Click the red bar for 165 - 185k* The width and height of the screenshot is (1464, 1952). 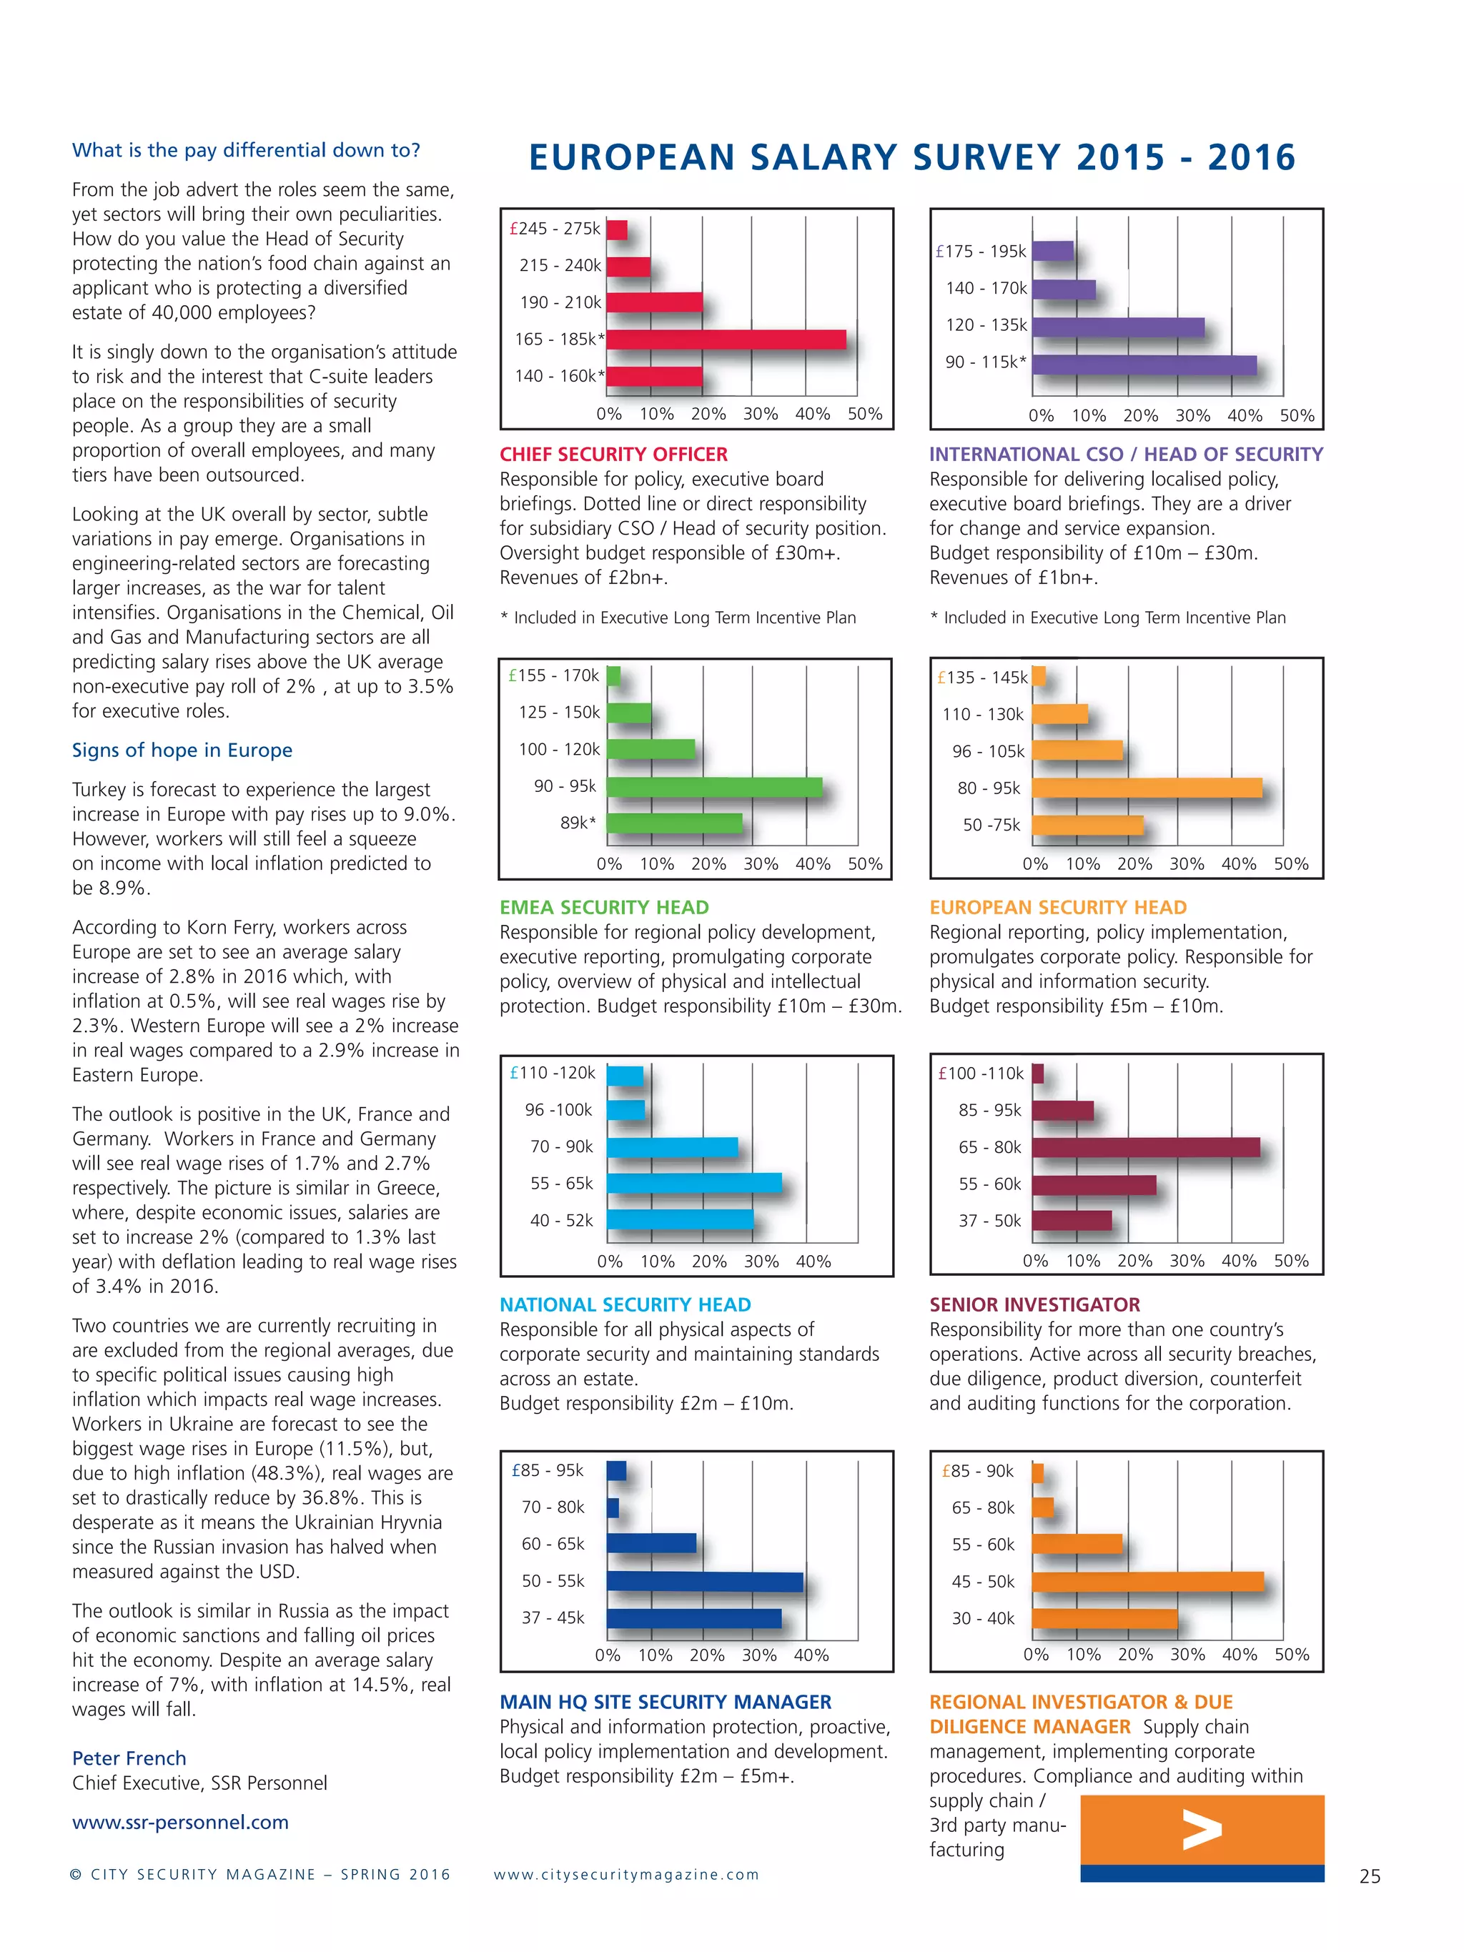[726, 340]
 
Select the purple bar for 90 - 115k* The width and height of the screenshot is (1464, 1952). [1144, 365]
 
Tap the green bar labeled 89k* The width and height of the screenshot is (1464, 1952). [674, 823]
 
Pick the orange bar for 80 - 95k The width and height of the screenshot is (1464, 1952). [1147, 788]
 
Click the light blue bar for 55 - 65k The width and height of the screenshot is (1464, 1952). [693, 1184]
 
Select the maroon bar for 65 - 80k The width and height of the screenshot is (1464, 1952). [1145, 1147]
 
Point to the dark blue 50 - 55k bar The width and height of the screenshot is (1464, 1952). [704, 1581]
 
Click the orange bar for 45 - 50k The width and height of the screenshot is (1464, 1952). [1147, 1581]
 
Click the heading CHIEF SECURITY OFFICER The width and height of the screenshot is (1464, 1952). [613, 455]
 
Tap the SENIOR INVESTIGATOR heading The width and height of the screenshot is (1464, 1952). [1034, 1304]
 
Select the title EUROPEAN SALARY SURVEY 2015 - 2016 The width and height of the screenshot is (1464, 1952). [911, 158]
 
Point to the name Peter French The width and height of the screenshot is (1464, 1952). [129, 1758]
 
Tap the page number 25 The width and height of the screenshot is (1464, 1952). [1370, 1876]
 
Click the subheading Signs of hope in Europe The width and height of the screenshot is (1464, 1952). [182, 750]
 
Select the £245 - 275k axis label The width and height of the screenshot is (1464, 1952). [555, 229]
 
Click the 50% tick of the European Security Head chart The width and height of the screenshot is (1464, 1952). [1290, 864]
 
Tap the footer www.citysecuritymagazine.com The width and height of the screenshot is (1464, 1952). [625, 1874]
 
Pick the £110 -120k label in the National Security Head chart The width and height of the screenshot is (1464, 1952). [553, 1073]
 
